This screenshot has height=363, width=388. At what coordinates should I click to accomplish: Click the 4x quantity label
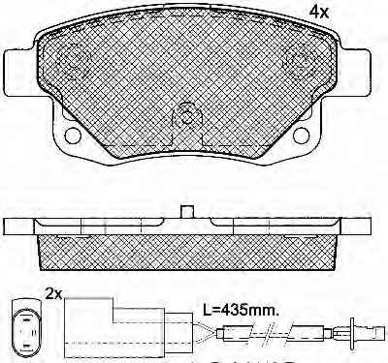[x=319, y=13]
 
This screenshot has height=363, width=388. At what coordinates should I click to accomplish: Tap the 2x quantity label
[x=53, y=294]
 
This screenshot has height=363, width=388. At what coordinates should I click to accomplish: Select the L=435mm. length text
[x=241, y=311]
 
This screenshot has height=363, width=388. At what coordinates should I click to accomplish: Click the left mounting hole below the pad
[x=73, y=136]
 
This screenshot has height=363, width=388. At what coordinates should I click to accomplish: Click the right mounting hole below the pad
[x=302, y=136]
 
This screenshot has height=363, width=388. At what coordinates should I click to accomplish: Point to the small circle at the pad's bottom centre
[x=186, y=117]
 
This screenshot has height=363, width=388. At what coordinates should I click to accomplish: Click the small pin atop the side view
[x=186, y=212]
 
